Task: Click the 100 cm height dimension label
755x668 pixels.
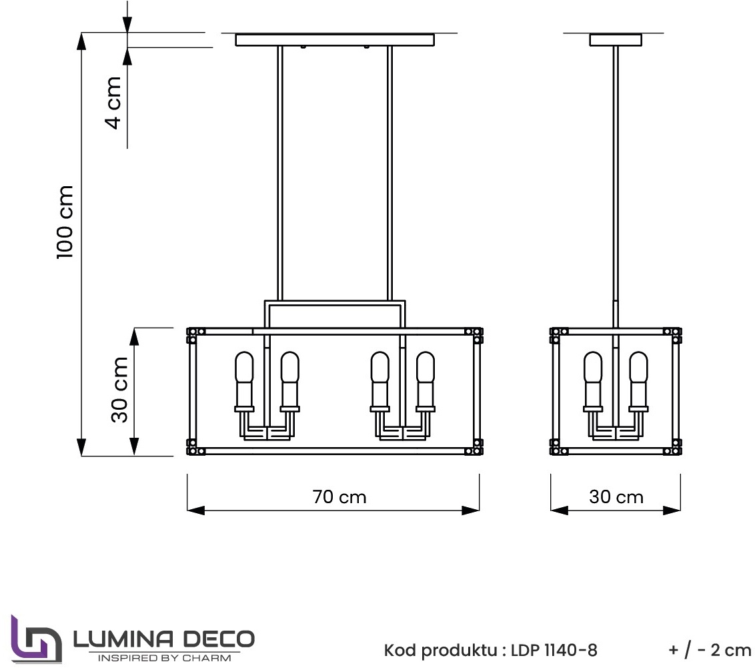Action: (65, 222)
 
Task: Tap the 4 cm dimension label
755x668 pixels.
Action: (113, 103)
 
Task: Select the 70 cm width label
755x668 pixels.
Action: (339, 496)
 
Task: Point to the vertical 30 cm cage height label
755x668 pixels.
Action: (119, 390)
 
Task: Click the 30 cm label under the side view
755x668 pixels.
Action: (616, 496)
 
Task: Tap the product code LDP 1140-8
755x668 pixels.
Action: (554, 650)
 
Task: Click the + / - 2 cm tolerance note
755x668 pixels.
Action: (709, 650)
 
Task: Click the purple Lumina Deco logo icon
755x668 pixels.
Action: (36, 639)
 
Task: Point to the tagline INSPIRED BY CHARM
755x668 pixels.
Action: (164, 658)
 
